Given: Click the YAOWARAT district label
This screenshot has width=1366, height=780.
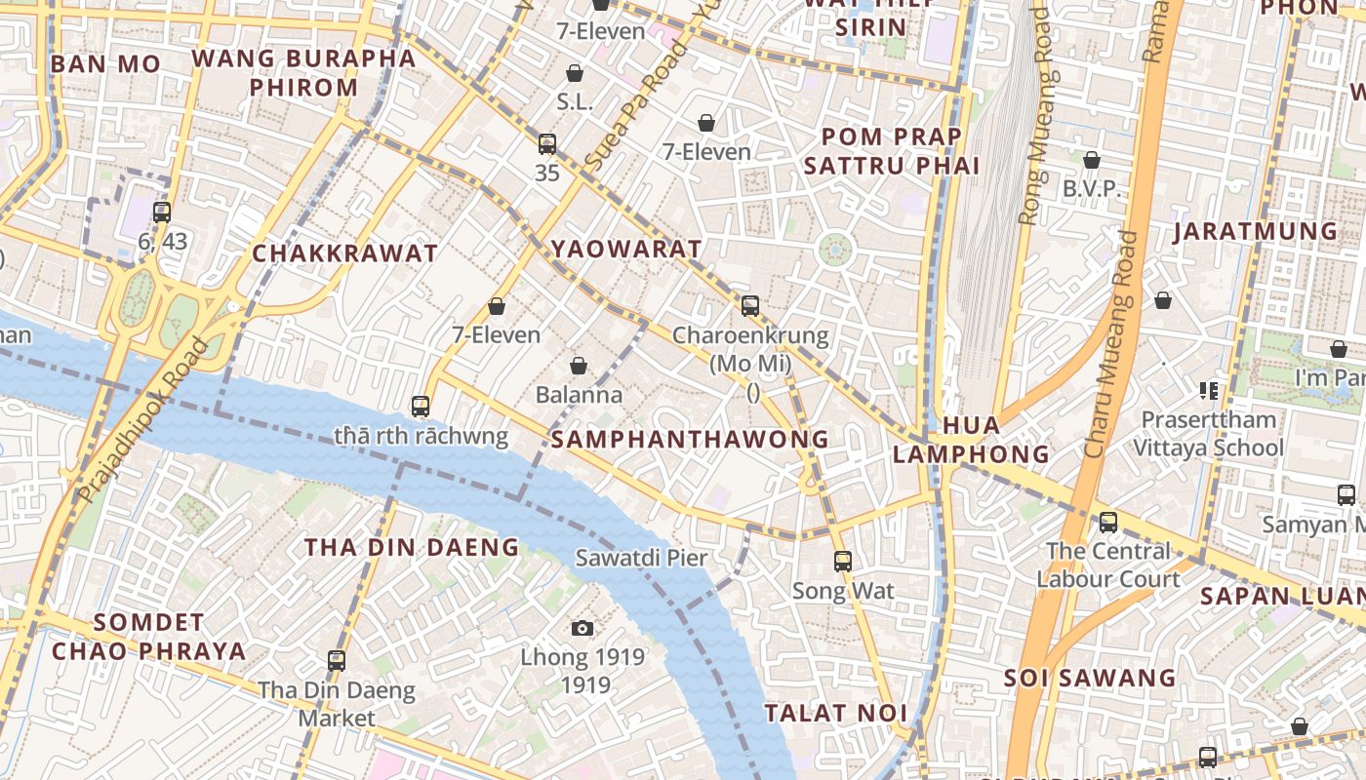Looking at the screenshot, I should click(625, 249).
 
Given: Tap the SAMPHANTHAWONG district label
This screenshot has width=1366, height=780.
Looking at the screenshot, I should click(689, 440).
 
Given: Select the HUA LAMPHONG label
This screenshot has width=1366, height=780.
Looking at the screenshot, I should click(971, 440).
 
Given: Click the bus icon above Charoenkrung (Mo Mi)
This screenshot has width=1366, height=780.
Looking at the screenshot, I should click(749, 306).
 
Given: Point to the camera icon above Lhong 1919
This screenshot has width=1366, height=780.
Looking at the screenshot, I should click(583, 628).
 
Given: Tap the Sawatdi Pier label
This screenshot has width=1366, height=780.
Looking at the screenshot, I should click(641, 559).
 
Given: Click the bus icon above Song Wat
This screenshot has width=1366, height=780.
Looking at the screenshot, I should click(843, 562).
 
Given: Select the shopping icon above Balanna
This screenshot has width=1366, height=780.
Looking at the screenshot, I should click(579, 366).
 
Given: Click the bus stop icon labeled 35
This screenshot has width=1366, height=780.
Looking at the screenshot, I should click(547, 144).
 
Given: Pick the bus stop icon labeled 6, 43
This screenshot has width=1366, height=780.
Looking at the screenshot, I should click(162, 212).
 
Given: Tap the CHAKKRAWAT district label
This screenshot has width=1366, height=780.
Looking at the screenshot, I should click(345, 254).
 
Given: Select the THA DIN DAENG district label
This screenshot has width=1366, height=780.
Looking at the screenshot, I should click(411, 548).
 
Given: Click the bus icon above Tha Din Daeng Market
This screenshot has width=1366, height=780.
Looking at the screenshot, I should click(337, 661).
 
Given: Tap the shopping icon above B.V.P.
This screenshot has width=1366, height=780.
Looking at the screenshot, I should click(1092, 160).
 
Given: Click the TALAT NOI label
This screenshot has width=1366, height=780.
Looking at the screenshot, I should click(835, 713).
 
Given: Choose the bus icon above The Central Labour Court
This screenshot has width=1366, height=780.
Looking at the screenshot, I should click(1108, 522).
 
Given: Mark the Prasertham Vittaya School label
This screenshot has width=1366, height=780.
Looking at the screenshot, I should click(1208, 434).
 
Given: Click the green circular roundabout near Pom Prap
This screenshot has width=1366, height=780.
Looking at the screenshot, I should click(835, 250).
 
